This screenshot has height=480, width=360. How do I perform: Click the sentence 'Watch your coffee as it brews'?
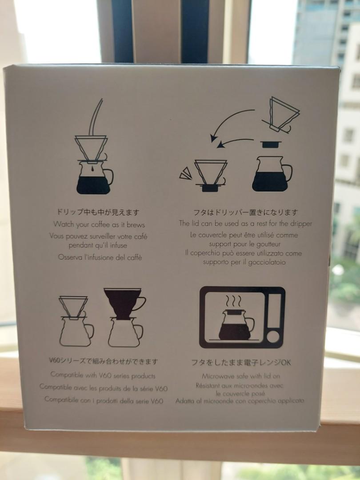tap(99, 224)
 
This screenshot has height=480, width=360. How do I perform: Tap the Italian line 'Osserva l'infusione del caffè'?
tap(100, 257)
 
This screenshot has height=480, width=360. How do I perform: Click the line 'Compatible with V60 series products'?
tap(103, 376)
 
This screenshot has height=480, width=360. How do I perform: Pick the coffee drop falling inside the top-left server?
tap(92, 169)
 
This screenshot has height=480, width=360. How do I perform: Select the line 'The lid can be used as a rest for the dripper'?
tap(245, 224)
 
